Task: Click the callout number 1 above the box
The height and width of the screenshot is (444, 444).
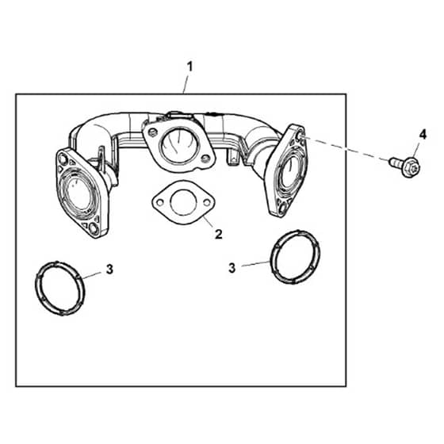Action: point(189,67)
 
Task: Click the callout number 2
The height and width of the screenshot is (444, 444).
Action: point(218,235)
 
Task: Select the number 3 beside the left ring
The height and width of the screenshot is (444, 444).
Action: point(109,269)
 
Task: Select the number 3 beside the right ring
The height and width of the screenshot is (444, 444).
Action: point(232,268)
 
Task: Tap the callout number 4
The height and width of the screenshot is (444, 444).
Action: point(423,135)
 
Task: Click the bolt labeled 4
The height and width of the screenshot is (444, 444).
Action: point(405,166)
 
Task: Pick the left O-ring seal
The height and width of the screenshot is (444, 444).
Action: point(60,289)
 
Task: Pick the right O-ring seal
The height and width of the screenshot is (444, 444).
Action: point(295,257)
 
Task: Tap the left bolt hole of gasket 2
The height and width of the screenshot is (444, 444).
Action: point(160,202)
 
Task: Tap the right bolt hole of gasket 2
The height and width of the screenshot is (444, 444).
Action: point(207,202)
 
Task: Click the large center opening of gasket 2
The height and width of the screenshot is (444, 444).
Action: point(183,202)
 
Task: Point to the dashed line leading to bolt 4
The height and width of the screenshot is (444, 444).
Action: point(346,149)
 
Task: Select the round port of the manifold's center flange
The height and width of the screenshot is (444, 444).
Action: point(178,145)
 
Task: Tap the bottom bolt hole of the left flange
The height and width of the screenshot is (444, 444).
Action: point(94,228)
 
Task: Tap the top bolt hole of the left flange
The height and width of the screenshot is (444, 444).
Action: point(63,159)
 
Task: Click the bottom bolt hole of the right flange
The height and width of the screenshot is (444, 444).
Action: point(282,209)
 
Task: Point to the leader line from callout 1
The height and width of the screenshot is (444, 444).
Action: point(186,84)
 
